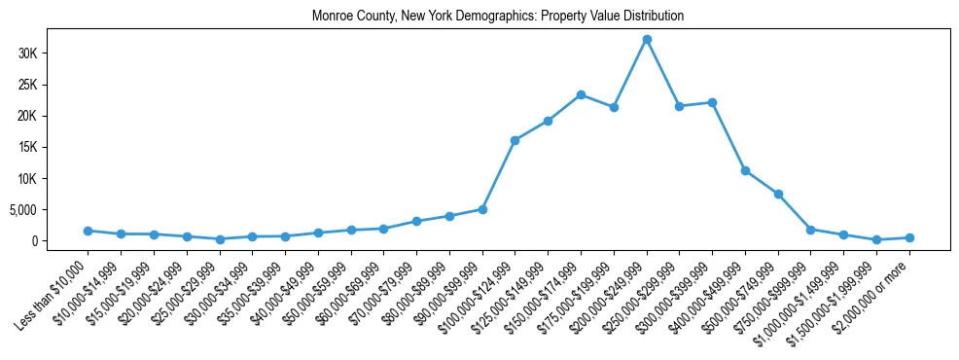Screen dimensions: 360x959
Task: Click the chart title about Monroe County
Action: point(498,17)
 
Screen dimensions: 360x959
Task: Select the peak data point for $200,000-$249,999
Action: point(647,39)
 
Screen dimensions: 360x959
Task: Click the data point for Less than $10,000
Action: point(88,231)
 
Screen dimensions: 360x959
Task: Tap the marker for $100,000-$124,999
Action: point(515,140)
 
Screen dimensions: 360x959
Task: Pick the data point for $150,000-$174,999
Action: point(581,94)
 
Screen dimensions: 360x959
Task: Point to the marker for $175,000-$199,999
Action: point(614,107)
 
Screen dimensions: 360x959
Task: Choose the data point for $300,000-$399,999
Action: point(713,102)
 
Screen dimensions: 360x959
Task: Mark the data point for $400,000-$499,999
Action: point(745,170)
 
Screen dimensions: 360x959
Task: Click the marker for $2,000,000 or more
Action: point(909,237)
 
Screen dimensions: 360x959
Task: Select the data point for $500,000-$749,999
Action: point(778,194)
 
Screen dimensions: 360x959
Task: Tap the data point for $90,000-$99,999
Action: point(482,209)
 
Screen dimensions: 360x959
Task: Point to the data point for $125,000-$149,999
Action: point(548,121)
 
